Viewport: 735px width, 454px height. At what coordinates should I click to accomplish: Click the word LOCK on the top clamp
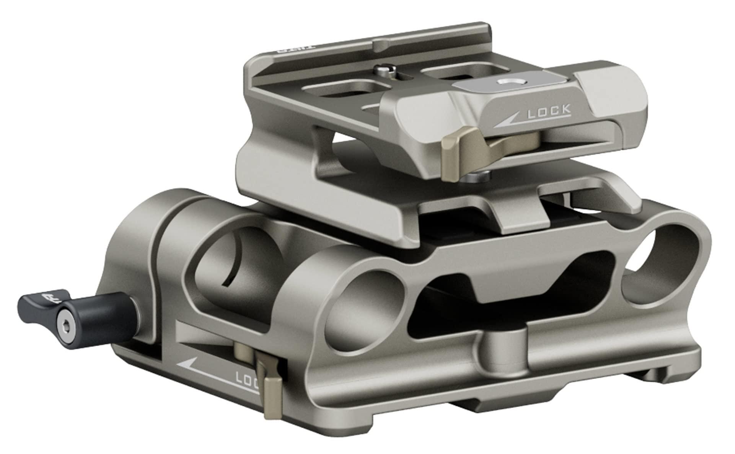549,110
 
